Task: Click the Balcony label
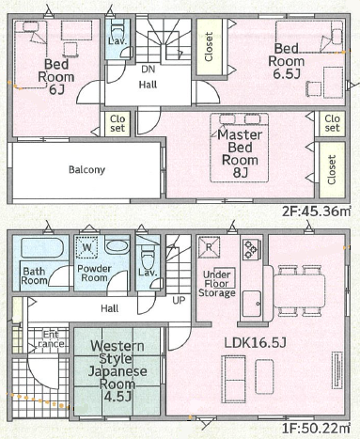(86, 170)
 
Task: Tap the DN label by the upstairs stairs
(148, 70)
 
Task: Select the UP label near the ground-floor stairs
(179, 301)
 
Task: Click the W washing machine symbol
(86, 247)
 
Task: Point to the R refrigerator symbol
(209, 247)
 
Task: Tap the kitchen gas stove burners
(252, 249)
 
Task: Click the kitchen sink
(252, 304)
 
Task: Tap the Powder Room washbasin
(117, 247)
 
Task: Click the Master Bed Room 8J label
(240, 153)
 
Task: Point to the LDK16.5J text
(255, 343)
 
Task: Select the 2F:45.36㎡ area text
(316, 212)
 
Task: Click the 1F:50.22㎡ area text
(316, 428)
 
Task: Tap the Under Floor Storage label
(217, 284)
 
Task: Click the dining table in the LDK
(300, 290)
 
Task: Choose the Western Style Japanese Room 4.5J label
(117, 371)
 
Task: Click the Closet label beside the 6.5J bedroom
(209, 47)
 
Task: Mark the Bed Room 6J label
(56, 77)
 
